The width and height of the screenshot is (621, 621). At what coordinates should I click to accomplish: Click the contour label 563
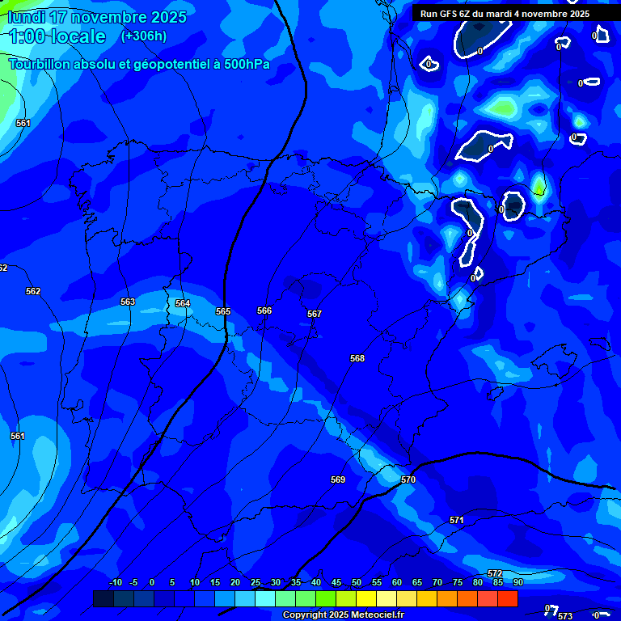pos(128,302)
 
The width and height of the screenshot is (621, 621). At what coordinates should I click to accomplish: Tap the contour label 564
pos(183,303)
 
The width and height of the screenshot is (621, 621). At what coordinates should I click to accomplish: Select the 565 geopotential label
pos(223,311)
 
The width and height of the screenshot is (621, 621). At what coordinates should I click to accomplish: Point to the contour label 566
pos(264,310)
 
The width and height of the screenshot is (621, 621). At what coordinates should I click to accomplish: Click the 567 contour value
pos(315,314)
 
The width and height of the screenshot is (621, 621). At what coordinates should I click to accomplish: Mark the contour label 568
pos(357,358)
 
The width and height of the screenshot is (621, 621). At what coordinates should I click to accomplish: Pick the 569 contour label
pos(338,479)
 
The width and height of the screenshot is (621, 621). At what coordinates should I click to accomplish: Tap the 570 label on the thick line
pos(408,479)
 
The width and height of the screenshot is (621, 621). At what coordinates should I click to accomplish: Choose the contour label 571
pos(457,520)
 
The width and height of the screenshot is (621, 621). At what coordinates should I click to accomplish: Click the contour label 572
pos(495,573)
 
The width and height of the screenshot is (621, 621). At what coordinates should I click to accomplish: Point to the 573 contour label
pos(565,616)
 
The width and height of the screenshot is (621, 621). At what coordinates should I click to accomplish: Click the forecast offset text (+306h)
pos(144,36)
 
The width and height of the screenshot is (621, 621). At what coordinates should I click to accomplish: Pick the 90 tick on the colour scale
pos(517,582)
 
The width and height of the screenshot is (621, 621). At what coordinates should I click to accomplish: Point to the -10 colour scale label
pos(115,582)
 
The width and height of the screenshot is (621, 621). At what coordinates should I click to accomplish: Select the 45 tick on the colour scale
pos(336,582)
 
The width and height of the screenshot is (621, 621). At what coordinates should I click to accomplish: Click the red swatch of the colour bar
pos(507,598)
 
